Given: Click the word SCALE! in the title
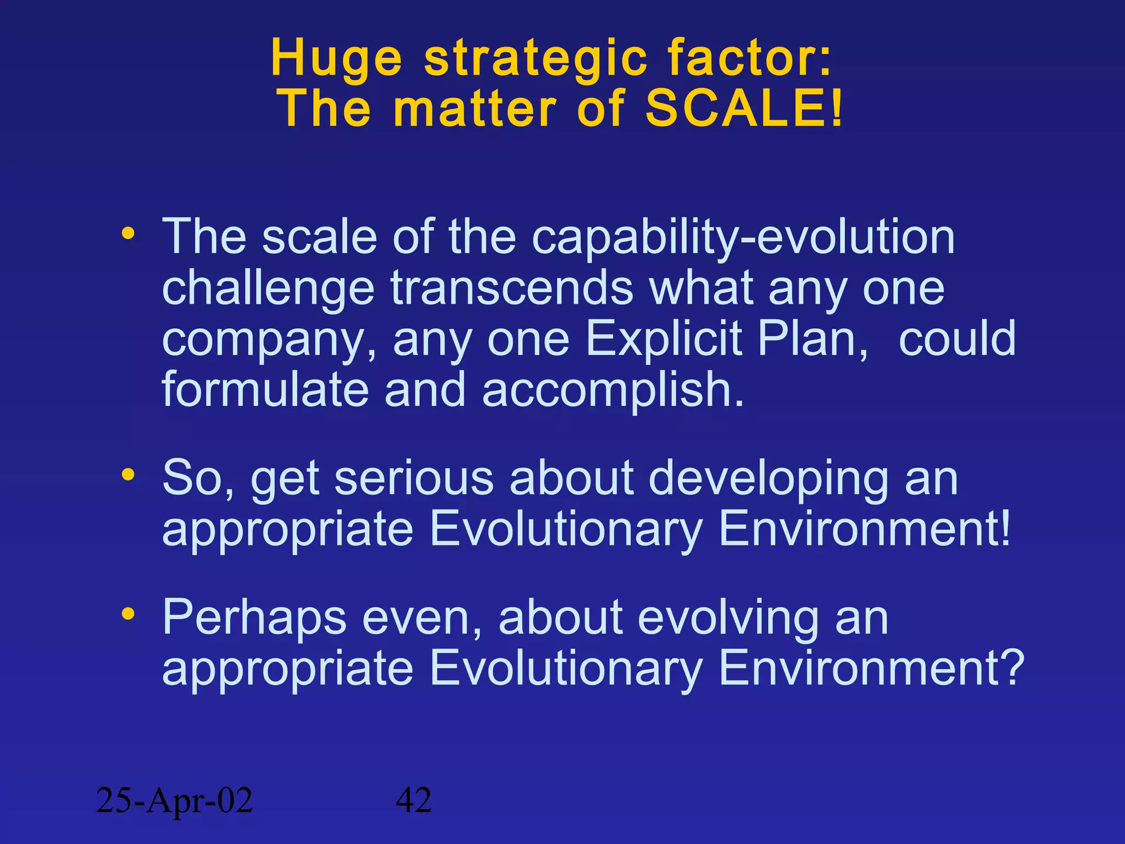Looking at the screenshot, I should coord(743,108).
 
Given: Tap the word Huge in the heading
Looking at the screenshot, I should coord(336,58).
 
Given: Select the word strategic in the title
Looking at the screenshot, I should coord(536,58).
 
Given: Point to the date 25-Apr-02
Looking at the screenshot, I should coord(174,800).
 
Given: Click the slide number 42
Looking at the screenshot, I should coord(414,800).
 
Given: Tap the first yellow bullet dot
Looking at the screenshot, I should coord(128,234).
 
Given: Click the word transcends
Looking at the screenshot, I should coord(512,288).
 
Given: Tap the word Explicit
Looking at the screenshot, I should coord(664,338).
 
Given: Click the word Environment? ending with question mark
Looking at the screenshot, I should coord(871,667).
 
